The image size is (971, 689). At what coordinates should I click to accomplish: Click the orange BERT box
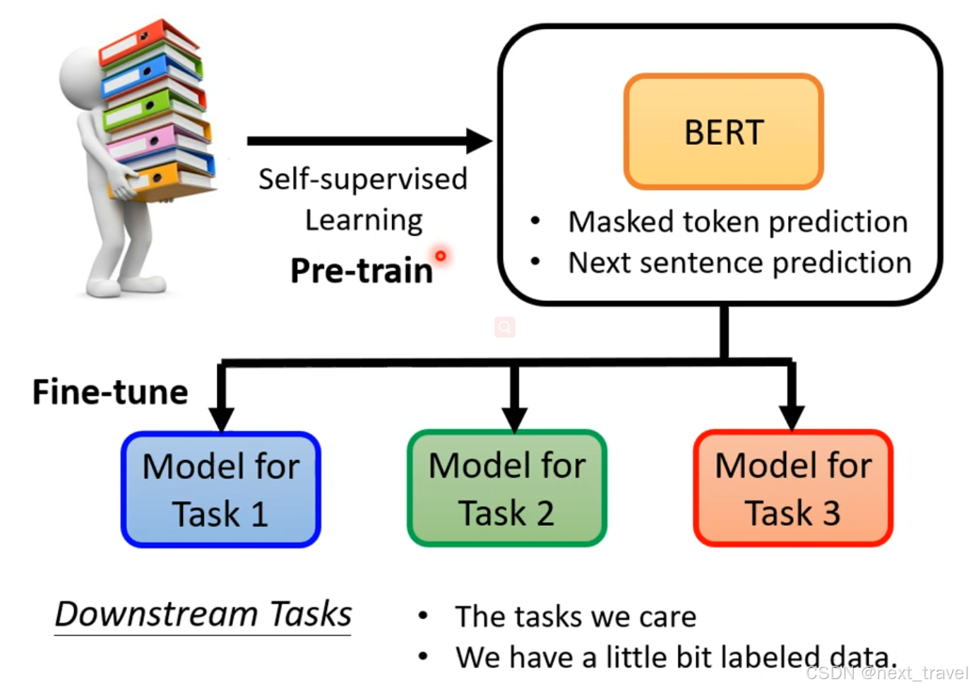click(724, 131)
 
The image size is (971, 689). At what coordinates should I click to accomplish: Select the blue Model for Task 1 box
click(221, 489)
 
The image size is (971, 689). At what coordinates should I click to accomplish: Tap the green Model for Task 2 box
click(507, 488)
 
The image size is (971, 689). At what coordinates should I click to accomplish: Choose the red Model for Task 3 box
click(793, 488)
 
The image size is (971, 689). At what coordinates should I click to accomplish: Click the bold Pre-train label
click(361, 271)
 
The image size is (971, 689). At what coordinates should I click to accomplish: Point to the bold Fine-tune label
click(110, 392)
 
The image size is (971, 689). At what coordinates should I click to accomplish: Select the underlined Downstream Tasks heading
click(203, 613)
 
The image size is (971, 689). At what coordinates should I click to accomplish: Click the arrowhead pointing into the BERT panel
click(479, 141)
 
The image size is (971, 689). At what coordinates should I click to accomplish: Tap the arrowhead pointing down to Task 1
click(221, 418)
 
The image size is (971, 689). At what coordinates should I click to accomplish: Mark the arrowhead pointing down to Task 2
click(514, 418)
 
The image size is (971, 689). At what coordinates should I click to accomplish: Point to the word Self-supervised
click(363, 179)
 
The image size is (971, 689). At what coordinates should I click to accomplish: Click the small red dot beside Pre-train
click(441, 255)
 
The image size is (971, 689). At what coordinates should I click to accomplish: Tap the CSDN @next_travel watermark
click(887, 673)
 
